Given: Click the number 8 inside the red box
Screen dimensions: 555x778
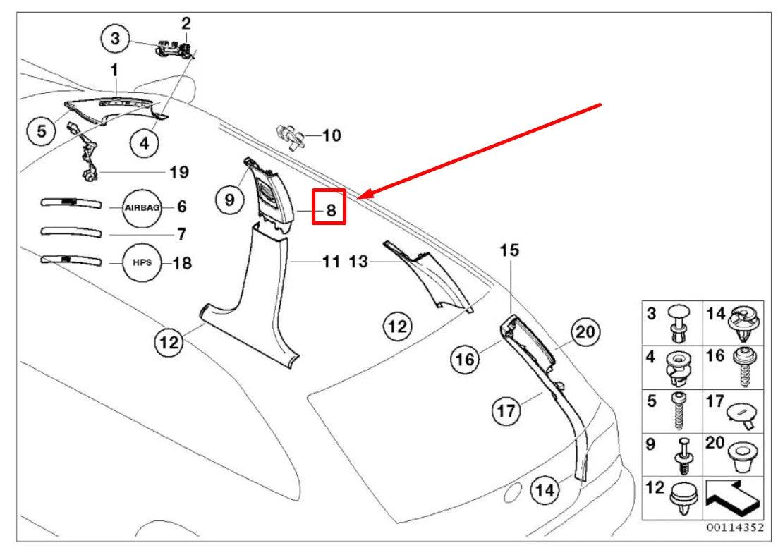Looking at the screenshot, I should click(330, 209).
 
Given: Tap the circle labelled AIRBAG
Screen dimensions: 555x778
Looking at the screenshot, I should click(142, 207).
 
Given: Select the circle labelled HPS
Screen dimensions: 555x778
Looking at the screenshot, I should click(142, 263).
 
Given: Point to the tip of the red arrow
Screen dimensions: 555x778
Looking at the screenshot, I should click(360, 197).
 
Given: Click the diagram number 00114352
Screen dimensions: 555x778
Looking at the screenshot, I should click(733, 527).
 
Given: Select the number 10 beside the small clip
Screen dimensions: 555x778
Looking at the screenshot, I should click(332, 135).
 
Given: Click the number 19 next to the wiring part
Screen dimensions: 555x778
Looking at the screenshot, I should click(179, 171).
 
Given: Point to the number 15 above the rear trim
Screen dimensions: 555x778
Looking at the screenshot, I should click(509, 250).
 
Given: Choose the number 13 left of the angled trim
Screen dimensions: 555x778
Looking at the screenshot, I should click(358, 262).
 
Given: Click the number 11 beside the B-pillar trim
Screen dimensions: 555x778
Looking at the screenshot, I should click(331, 262).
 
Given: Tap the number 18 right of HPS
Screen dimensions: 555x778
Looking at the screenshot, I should click(182, 263).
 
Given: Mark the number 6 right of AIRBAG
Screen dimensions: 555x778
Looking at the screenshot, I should click(181, 207).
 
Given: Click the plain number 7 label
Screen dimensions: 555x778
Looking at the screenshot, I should click(181, 233).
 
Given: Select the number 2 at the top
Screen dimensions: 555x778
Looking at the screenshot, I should click(186, 23).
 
